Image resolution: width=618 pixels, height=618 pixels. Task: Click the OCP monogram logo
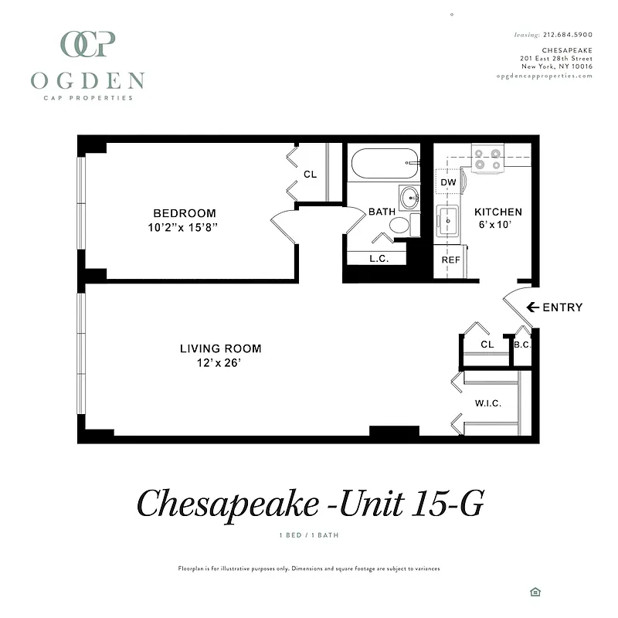coord(88,44)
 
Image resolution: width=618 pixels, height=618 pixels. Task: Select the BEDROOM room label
coord(185,213)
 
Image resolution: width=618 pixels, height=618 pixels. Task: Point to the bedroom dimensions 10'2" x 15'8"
coord(185,228)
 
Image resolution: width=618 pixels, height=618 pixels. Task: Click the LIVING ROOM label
coord(220,348)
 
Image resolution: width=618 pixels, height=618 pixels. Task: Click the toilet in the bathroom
coord(399,225)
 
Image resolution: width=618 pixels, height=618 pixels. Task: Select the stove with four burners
coord(488,158)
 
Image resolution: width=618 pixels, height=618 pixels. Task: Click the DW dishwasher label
coord(448,183)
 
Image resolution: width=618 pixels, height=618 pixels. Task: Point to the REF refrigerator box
coord(450,260)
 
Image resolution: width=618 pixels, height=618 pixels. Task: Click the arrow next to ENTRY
coord(532,307)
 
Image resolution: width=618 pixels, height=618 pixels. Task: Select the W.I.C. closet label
coord(487,403)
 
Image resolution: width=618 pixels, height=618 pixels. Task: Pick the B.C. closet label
coord(522,345)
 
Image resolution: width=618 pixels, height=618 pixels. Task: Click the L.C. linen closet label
coord(379,259)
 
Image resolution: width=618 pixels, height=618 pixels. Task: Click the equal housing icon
coord(535,592)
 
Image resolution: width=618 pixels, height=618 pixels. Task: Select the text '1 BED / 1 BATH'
coord(308,535)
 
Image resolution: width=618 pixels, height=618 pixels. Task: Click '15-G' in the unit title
coord(444,503)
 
